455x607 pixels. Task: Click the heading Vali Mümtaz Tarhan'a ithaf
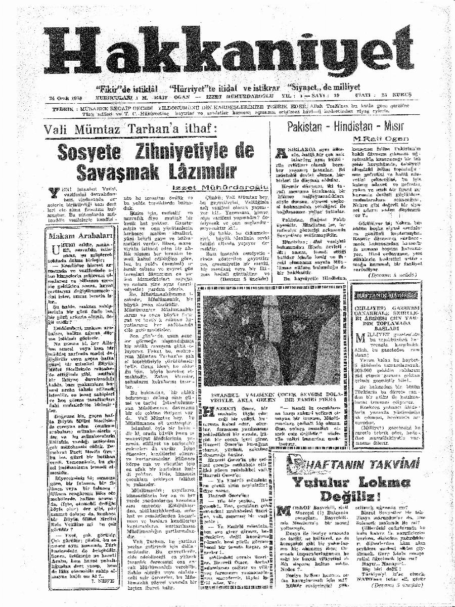click(136, 129)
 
